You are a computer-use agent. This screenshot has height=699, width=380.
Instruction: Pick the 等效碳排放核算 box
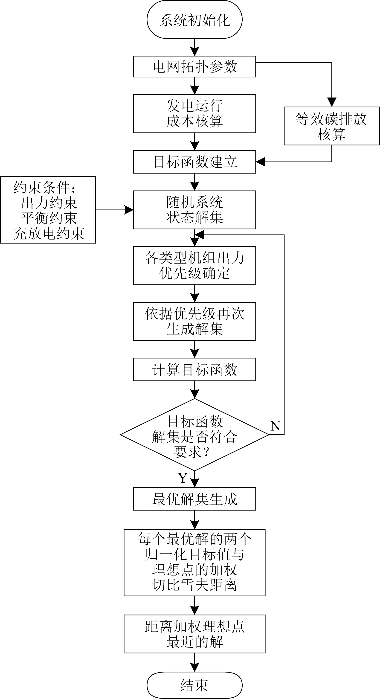tap(331, 126)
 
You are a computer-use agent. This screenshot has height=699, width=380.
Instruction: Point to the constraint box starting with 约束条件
tap(48, 210)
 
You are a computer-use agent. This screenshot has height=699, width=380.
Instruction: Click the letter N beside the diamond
tap(275, 426)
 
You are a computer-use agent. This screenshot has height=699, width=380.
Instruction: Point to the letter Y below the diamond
tap(183, 478)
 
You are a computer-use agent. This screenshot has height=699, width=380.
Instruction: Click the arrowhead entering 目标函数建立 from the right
tap(261, 162)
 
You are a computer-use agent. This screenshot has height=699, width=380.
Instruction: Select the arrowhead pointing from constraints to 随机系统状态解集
tap(129, 210)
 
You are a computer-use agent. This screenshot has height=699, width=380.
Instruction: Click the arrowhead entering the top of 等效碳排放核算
tap(331, 102)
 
